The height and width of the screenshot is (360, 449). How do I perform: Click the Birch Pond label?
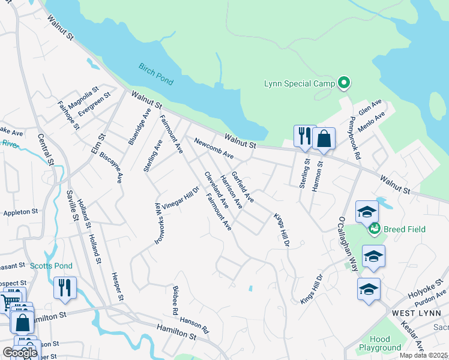tap(155, 73)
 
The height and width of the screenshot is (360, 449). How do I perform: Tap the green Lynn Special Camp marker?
tap(344, 83)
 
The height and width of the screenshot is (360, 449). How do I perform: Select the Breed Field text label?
tap(404, 229)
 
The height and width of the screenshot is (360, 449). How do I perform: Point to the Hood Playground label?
tap(380, 343)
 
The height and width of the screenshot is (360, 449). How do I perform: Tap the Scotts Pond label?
tap(51, 266)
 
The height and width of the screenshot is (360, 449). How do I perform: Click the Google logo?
tap(20, 353)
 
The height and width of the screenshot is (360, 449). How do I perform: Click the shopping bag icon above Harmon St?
tap(324, 139)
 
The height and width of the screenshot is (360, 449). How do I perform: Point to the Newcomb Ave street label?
tap(213, 147)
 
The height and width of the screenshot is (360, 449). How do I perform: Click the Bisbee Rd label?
tap(175, 301)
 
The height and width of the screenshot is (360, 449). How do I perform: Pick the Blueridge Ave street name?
tap(140, 127)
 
